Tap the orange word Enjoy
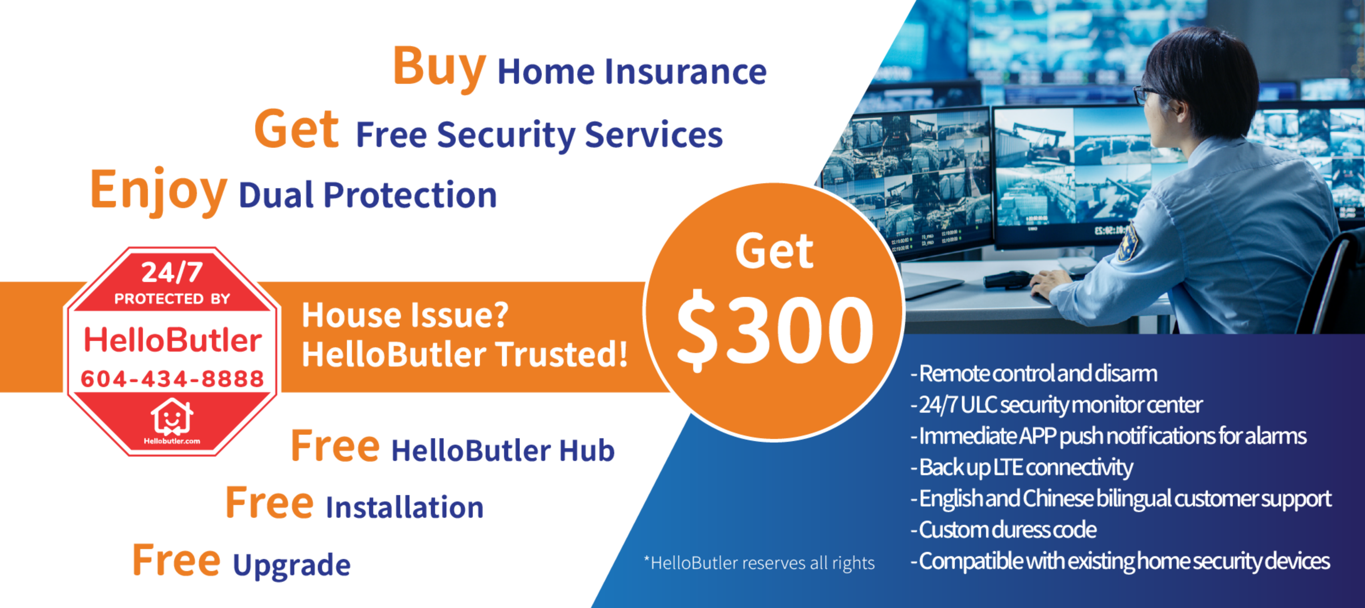[159, 191]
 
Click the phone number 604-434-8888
[172, 379]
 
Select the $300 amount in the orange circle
[775, 330]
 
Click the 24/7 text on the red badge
[172, 273]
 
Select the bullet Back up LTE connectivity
[1022, 467]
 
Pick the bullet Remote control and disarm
[1034, 373]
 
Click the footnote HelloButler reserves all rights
[759, 563]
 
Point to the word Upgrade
[291, 565]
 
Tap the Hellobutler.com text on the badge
[172, 441]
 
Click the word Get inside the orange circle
[774, 252]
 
